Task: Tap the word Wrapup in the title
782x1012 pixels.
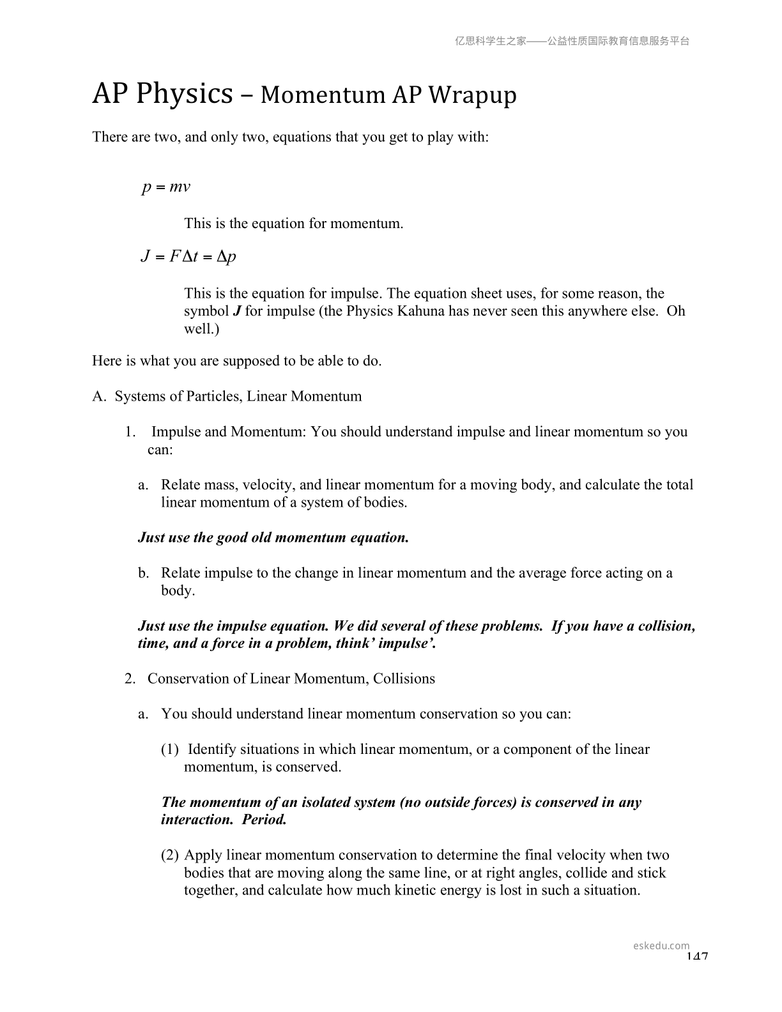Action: (x=472, y=95)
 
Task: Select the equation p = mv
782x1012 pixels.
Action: (x=166, y=187)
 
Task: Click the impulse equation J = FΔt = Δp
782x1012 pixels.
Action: (x=188, y=257)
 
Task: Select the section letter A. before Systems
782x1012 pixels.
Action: (x=98, y=397)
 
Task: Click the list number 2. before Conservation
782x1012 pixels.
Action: (x=130, y=678)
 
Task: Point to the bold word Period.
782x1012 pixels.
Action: (x=264, y=820)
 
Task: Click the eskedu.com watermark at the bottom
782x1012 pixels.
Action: (x=661, y=946)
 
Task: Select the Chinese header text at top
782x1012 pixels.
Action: (x=572, y=41)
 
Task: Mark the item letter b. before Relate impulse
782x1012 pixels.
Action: (x=144, y=573)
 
